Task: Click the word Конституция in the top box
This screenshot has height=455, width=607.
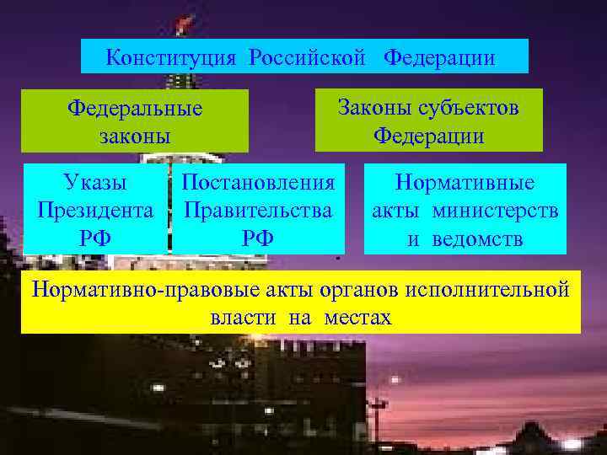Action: tap(173, 58)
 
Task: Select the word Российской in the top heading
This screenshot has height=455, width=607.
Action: tap(308, 58)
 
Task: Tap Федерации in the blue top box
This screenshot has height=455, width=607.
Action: tap(439, 58)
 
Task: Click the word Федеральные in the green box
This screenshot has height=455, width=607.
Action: tap(135, 110)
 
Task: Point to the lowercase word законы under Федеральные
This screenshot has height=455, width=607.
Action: tap(135, 135)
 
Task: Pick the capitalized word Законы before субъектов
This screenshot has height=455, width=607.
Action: tap(372, 108)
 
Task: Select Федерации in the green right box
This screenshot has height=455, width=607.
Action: tap(429, 135)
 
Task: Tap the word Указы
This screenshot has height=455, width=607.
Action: tap(95, 182)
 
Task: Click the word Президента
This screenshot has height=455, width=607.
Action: tap(95, 210)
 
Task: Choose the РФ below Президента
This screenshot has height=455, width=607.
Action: tap(95, 238)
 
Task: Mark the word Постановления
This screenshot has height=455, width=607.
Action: tap(259, 182)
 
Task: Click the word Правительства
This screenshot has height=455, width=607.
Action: tap(259, 210)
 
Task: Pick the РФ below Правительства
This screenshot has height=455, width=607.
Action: tap(259, 238)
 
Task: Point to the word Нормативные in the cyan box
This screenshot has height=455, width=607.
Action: tap(465, 183)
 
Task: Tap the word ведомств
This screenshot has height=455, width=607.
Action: tap(478, 238)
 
